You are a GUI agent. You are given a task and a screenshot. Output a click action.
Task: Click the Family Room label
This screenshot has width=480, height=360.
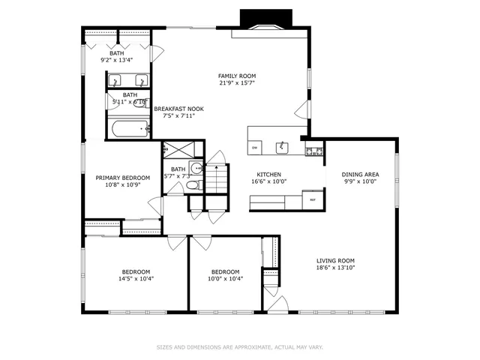point(236,76)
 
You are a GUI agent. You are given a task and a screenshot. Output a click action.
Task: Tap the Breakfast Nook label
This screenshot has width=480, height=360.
point(178,109)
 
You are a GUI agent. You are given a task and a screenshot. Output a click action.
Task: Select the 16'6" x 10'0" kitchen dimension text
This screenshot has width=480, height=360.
point(268,181)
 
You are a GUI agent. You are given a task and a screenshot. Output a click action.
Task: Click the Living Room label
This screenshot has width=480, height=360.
point(334,259)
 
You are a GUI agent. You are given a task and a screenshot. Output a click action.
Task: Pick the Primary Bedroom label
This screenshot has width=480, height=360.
point(122,178)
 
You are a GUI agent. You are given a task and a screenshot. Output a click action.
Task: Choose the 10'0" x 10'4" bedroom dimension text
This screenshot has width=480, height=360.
point(225,279)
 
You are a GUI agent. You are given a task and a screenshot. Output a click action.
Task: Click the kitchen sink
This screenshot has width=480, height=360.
point(282,147)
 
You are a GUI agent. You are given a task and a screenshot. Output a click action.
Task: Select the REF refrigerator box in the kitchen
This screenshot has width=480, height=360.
point(313,199)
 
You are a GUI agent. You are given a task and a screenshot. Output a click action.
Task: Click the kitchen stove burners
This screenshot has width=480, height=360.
point(314,151)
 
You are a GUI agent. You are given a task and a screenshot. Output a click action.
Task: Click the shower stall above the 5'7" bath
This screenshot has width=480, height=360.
point(182,149)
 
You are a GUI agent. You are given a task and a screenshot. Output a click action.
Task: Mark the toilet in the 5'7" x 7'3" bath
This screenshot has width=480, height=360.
point(192,185)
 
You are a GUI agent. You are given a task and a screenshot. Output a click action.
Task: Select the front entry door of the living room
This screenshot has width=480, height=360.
point(277,304)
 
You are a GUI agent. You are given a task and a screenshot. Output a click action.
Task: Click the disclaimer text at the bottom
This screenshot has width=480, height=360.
point(239,347)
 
